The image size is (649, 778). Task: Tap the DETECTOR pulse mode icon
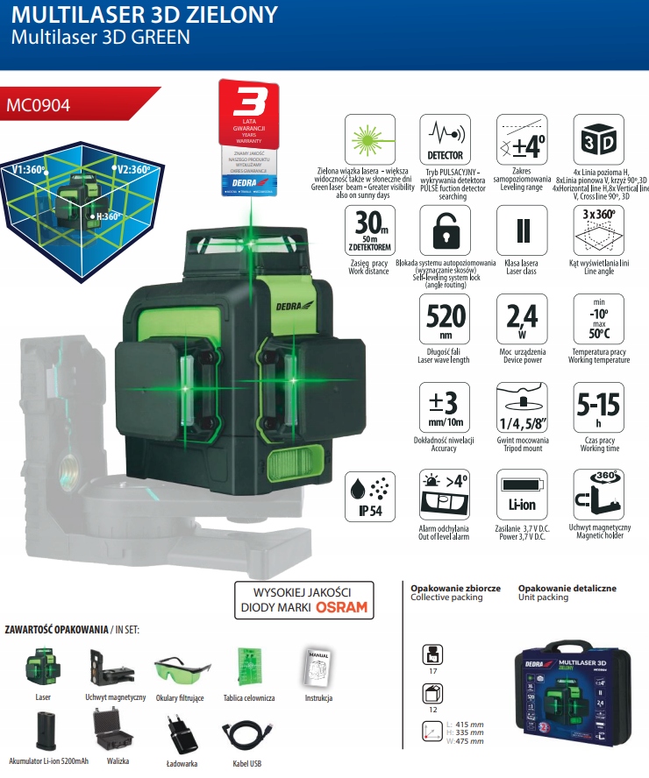point(445,140)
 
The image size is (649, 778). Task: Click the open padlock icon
point(445,230)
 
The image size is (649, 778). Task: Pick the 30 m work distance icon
point(368,230)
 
